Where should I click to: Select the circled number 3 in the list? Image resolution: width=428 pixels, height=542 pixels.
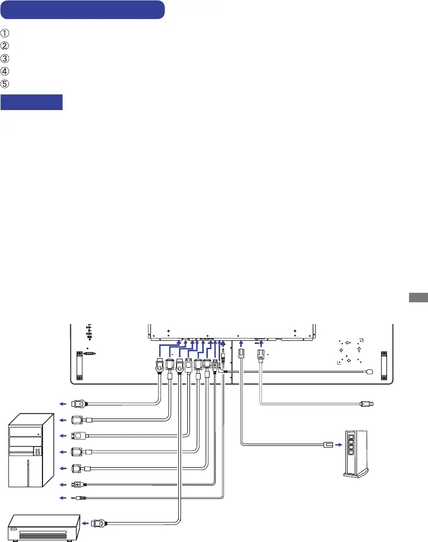[6, 58]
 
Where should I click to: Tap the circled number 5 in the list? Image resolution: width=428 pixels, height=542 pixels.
[6, 83]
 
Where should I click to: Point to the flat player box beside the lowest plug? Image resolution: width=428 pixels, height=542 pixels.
[44, 527]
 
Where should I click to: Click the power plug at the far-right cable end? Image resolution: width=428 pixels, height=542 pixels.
[368, 403]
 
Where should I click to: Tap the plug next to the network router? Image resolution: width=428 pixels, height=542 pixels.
[327, 444]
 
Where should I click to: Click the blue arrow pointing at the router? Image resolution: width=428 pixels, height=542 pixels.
[337, 444]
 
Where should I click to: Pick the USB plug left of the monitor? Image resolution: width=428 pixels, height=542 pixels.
[78, 483]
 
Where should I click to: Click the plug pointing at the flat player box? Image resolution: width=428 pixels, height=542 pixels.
[98, 524]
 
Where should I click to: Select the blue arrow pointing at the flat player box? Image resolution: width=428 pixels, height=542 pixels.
[85, 524]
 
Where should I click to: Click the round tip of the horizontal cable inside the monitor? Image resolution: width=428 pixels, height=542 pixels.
[370, 370]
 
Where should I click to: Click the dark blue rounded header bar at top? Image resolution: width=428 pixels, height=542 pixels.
[83, 10]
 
